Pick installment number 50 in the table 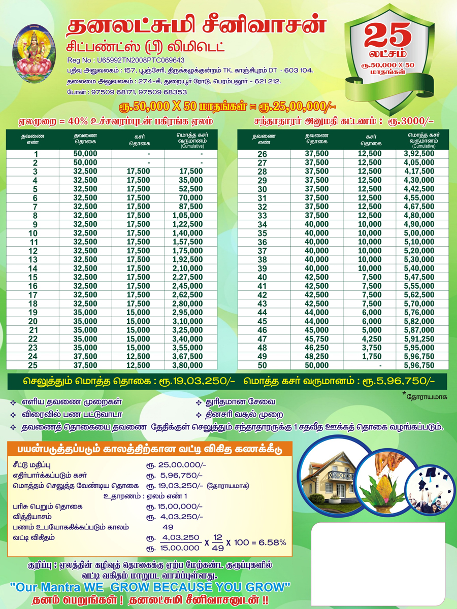click(x=262, y=365)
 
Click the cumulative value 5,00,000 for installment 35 click(x=419, y=233)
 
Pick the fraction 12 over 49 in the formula click(x=218, y=542)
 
